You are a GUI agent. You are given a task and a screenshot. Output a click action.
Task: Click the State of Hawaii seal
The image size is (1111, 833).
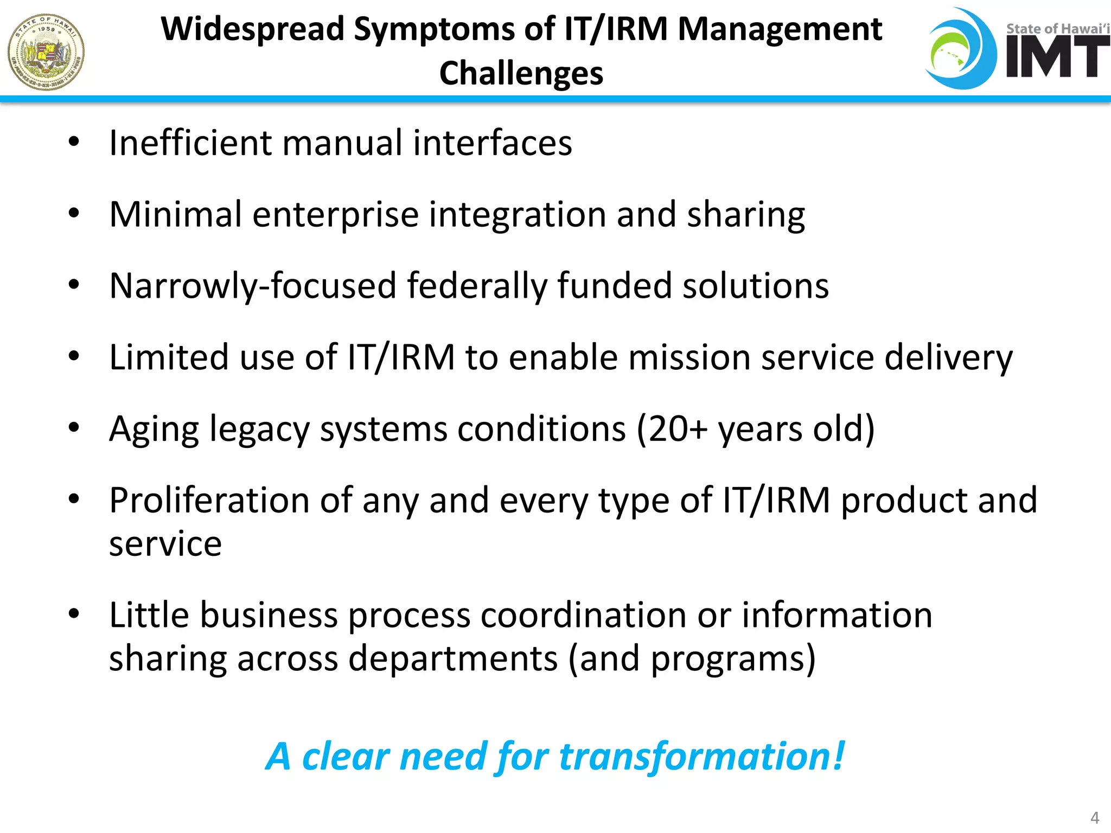pos(46,52)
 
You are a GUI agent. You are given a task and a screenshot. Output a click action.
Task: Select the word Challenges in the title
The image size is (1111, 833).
pos(521,73)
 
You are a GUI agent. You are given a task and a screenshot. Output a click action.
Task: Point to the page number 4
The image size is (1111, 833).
pos(1095,817)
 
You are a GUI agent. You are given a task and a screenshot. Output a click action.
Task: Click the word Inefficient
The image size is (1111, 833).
pos(190,143)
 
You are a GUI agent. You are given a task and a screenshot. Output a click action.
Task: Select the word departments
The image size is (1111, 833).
pos(452,658)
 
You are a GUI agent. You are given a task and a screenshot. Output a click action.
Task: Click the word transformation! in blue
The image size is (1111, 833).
pos(702,756)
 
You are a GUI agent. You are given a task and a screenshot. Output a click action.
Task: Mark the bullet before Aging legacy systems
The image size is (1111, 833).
pos(74,428)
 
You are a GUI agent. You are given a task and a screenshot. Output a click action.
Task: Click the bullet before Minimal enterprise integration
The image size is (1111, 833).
pos(74,213)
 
